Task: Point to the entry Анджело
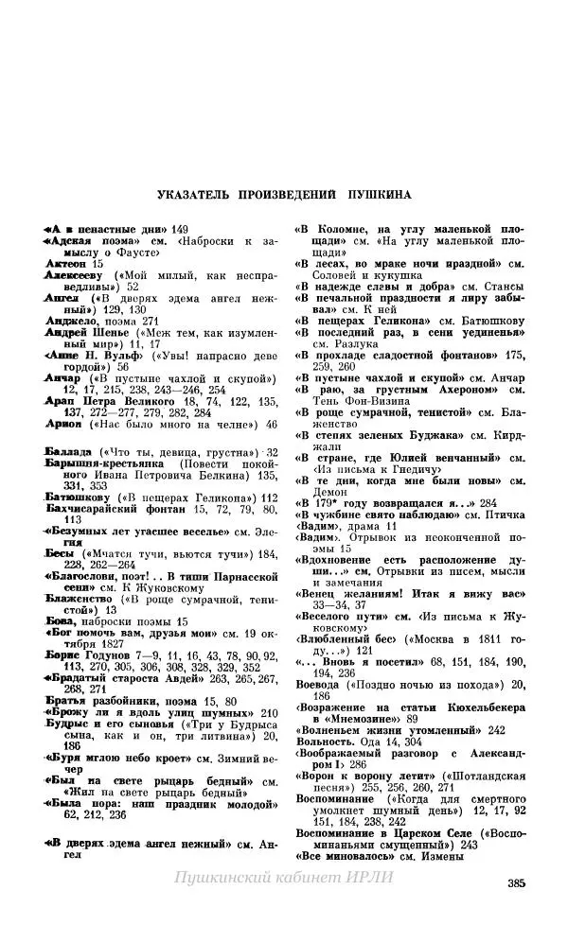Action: pyautogui.click(x=70, y=320)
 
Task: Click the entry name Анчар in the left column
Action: pyautogui.click(x=64, y=376)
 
